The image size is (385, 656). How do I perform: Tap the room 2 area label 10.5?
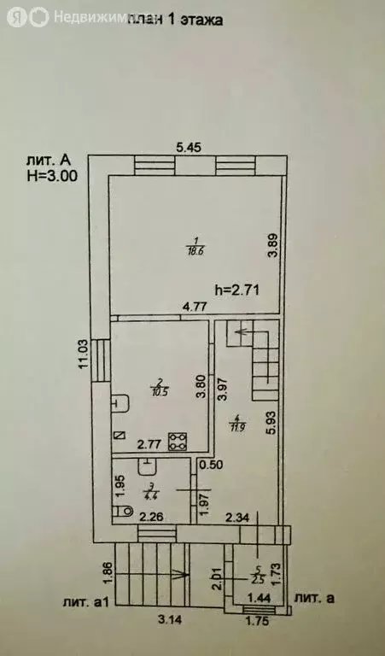click(160, 389)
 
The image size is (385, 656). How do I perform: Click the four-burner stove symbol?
click(178, 441)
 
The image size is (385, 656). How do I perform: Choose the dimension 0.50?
click(213, 465)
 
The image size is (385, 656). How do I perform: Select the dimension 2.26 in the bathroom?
click(151, 516)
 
